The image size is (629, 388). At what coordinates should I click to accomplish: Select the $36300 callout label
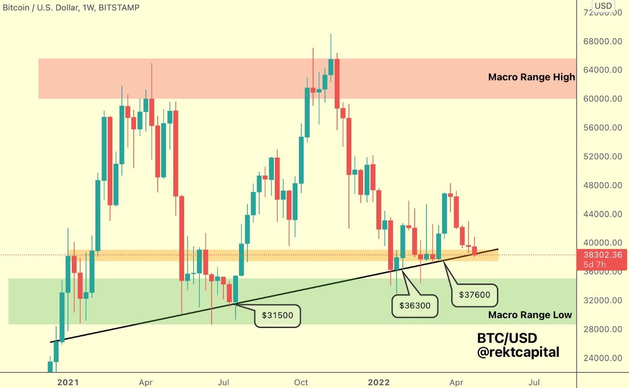click(415, 305)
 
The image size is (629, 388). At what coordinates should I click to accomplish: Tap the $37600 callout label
click(475, 295)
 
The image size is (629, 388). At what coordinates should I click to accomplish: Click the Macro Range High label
click(531, 76)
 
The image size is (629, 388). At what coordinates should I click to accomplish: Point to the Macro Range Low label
click(530, 315)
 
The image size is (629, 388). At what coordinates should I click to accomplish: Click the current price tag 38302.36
click(603, 255)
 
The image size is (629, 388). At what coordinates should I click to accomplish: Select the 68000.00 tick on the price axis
click(602, 42)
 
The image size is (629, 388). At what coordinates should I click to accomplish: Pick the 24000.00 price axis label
click(602, 358)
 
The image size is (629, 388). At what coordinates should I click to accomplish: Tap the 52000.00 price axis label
click(602, 157)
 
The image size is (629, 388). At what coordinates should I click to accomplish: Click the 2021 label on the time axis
click(68, 382)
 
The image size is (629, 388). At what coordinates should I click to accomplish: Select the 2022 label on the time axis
click(379, 382)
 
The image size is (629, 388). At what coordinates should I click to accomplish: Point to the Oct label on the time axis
click(301, 382)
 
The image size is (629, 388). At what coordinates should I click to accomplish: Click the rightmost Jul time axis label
click(535, 382)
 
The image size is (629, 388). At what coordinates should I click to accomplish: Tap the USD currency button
click(603, 6)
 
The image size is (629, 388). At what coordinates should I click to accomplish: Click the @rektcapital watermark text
click(518, 352)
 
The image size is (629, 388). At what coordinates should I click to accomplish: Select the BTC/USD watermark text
click(507, 338)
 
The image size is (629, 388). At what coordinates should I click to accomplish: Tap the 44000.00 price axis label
click(602, 214)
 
